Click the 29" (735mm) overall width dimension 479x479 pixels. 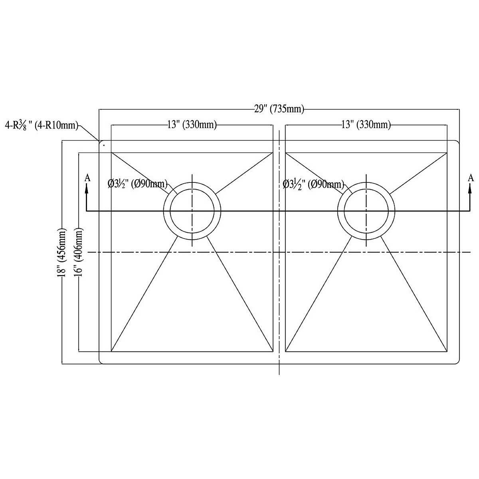(x=279, y=109)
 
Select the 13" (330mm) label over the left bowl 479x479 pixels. (x=192, y=125)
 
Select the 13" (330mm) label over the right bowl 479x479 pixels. (x=366, y=125)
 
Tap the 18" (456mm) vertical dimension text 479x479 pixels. (x=62, y=252)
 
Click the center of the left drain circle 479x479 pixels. (x=192, y=211)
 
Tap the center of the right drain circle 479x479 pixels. (x=366, y=211)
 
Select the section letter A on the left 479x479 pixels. (x=87, y=178)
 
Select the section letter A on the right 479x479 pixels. (x=471, y=178)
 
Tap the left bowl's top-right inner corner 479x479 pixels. (x=273, y=152)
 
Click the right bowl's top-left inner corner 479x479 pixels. (x=286, y=152)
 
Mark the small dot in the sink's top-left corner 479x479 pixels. (x=104, y=146)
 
